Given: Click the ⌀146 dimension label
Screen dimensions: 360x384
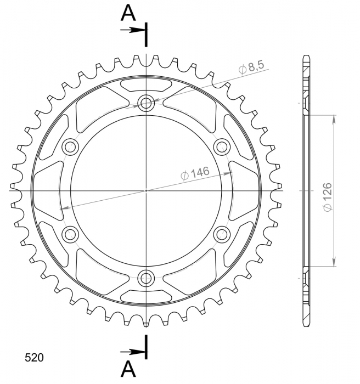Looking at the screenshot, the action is click(195, 173).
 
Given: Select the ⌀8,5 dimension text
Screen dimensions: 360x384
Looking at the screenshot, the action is click(252, 67).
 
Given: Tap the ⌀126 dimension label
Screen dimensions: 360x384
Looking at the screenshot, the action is click(327, 196).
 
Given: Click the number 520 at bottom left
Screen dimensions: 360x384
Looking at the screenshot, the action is click(35, 358).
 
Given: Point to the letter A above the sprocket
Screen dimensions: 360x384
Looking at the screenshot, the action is click(128, 13).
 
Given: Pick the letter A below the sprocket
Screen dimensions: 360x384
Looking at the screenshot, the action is click(128, 369).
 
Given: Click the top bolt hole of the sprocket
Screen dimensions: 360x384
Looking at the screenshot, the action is click(146, 103).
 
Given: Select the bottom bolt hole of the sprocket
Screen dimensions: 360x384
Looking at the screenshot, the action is click(146, 278).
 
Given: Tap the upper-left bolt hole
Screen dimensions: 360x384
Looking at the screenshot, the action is click(70, 147).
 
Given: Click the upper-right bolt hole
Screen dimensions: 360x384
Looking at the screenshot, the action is click(222, 147).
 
